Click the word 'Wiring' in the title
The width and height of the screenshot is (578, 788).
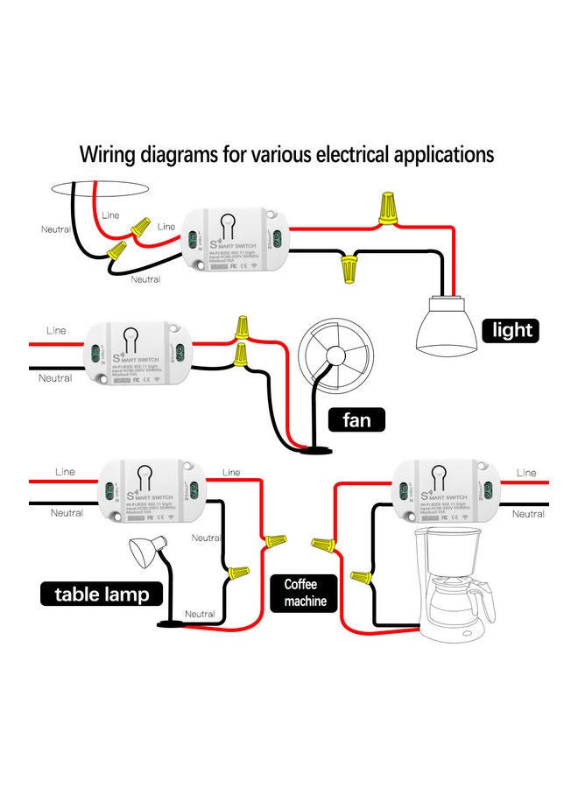110,156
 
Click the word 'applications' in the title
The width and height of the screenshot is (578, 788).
440,156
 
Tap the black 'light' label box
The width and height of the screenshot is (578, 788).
511,330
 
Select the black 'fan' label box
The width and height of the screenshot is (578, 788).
356,420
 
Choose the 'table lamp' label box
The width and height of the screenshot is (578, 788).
102,595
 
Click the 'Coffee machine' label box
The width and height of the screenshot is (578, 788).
304,593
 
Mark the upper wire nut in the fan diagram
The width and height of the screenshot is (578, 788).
243,328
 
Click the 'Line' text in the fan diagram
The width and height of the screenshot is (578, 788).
55,331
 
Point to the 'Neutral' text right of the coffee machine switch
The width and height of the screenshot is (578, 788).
528,514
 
